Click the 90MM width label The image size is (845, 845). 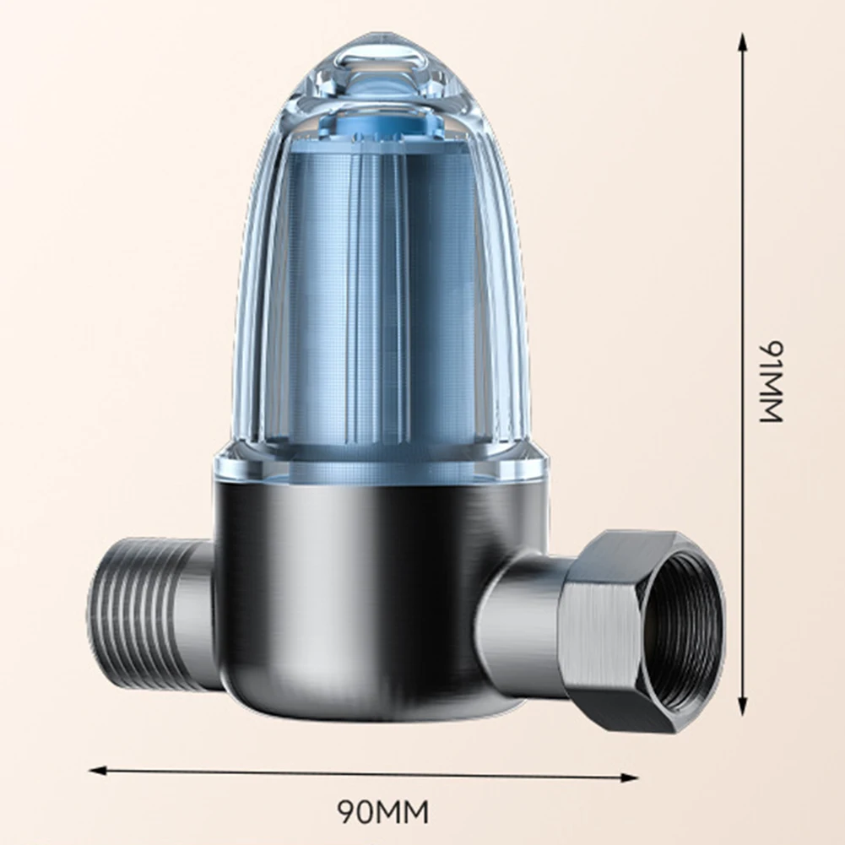tap(383, 812)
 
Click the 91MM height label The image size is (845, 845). tap(771, 382)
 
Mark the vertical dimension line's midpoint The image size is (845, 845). tap(743, 376)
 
